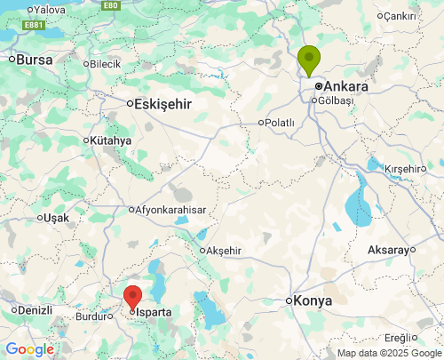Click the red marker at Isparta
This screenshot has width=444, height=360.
pos(132,297)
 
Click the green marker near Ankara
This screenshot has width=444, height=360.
pos(308,60)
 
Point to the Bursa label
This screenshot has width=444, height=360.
pos(35,60)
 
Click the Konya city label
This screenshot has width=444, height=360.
pos(313,300)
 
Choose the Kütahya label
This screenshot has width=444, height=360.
pos(111,140)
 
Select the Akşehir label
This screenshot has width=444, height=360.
pos(224,251)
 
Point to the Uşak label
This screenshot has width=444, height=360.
pos(56,218)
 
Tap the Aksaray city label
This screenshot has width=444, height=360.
pos(387,250)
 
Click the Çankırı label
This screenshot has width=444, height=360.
pos(400,16)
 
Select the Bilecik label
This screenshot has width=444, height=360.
pos(105,64)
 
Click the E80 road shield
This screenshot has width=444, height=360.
pos(110,5)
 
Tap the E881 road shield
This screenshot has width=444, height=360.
pos(35,25)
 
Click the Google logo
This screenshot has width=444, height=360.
pos(30,349)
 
